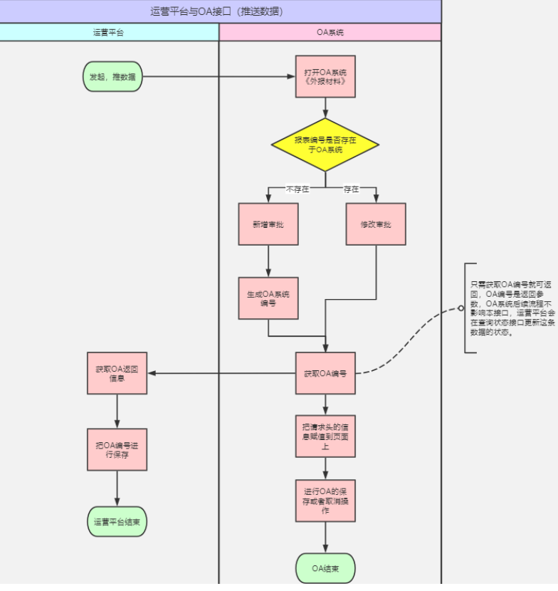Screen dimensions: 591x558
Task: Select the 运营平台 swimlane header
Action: [108, 33]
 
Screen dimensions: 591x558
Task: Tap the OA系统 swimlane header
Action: [330, 33]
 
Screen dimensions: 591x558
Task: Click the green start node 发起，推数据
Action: [112, 76]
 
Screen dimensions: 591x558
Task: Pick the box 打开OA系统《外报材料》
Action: [325, 77]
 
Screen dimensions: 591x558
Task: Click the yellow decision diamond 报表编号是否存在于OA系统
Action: [325, 145]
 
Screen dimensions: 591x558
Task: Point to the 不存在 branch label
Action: [298, 189]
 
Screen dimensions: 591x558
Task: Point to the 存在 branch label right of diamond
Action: [352, 189]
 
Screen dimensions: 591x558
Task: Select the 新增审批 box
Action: [268, 224]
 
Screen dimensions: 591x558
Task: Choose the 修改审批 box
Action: [376, 224]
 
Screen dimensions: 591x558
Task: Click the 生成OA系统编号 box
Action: [268, 298]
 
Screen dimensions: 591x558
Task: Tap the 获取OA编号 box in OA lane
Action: [325, 373]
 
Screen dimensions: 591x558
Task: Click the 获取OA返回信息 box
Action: [117, 373]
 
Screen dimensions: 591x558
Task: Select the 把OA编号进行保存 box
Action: [117, 449]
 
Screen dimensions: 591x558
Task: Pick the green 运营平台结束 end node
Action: [117, 521]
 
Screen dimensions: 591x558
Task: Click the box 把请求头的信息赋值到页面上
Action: [325, 436]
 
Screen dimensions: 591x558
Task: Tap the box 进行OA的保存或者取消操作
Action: [325, 501]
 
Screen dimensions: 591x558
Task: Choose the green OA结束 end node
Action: [325, 568]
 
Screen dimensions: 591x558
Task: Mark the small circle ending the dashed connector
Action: [461, 308]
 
